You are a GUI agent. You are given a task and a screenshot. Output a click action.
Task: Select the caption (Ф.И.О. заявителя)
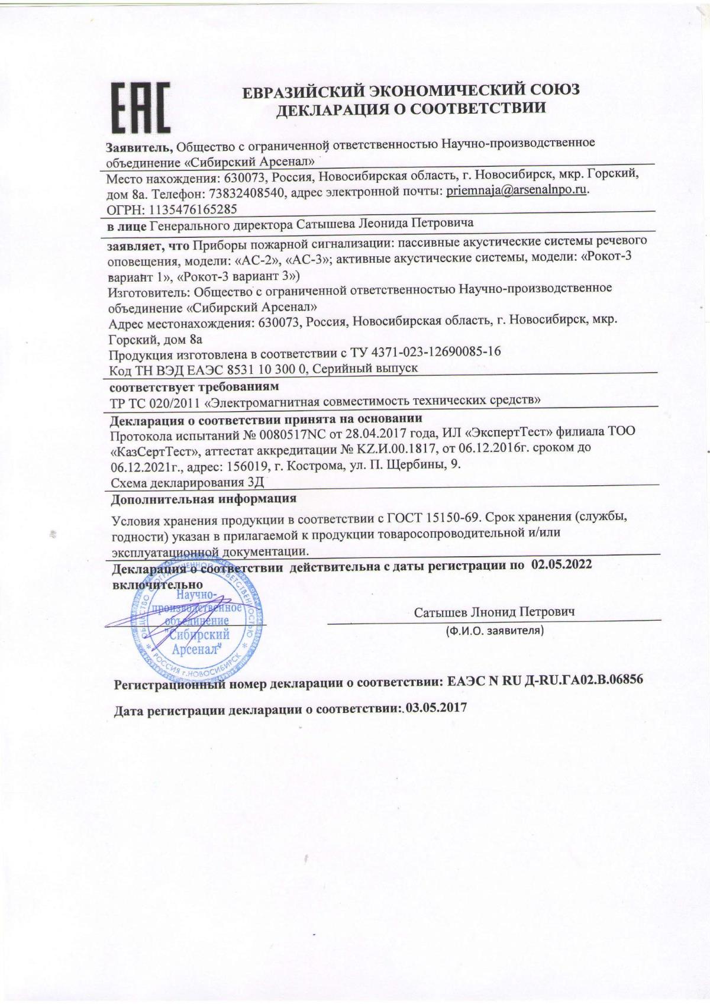click(495, 631)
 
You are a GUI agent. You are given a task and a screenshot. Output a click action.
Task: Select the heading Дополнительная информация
click(204, 498)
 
